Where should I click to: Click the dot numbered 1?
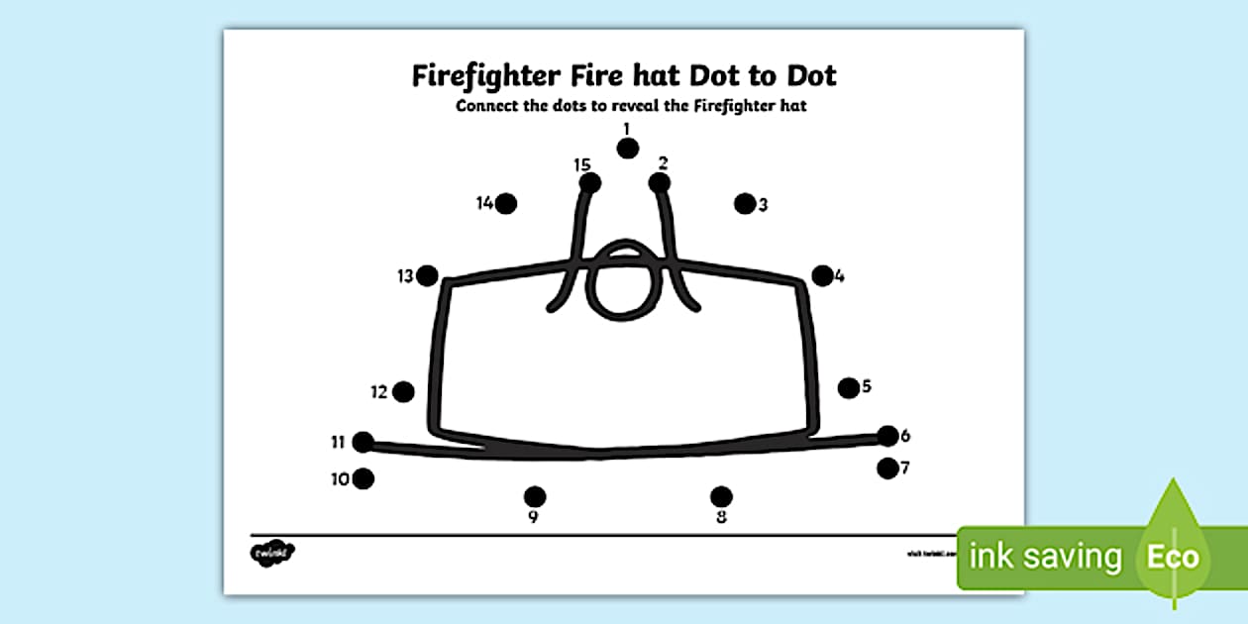click(627, 149)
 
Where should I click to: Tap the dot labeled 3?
click(745, 203)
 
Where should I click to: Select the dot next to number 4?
click(822, 276)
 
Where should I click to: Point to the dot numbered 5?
click(849, 388)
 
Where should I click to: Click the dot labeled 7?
click(887, 468)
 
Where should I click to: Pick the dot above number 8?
click(721, 496)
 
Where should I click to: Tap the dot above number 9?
click(535, 496)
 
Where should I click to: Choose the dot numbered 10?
click(364, 479)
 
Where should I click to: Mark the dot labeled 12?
click(403, 392)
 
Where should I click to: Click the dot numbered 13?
click(427, 276)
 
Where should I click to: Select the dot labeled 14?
click(506, 203)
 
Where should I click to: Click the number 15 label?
click(581, 165)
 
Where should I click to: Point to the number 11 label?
click(338, 442)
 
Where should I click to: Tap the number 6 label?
click(905, 436)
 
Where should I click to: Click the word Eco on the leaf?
click(1173, 557)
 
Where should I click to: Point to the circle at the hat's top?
click(623, 281)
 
